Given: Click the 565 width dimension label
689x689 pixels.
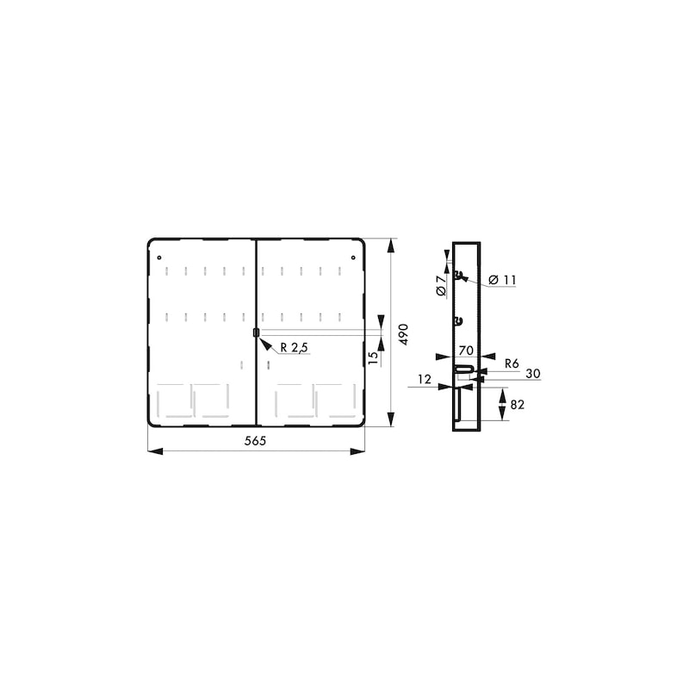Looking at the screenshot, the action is tap(255, 441).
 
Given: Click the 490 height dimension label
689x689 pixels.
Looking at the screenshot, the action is tap(404, 334).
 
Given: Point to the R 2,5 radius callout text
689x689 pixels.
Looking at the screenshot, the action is tap(295, 348).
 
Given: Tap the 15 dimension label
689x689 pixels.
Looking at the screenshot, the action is tap(373, 357).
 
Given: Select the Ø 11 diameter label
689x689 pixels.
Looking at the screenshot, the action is tap(502, 280).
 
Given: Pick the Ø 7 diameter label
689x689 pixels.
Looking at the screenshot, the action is tap(441, 285).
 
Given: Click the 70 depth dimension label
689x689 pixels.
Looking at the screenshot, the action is tap(466, 351).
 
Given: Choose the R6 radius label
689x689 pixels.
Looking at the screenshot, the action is tap(512, 363).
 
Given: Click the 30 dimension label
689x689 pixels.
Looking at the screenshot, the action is tap(532, 374).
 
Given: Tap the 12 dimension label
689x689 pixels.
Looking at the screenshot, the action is tap(424, 379).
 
